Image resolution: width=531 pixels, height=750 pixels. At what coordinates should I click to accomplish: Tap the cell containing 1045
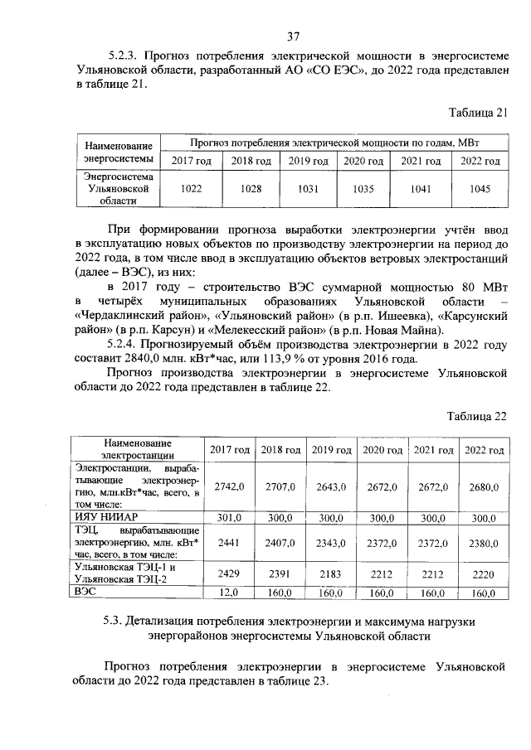point(480,189)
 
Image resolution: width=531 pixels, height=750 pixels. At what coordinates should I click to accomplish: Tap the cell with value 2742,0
point(230,487)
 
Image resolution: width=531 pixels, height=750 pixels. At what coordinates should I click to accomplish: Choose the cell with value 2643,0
point(332,487)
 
